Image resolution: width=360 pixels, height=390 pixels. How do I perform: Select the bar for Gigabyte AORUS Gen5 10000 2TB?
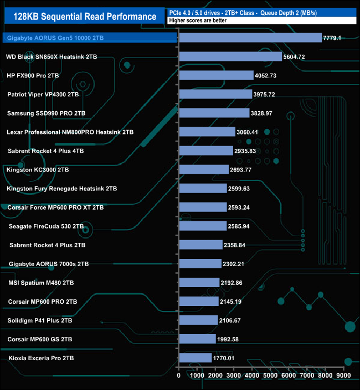click(250, 38)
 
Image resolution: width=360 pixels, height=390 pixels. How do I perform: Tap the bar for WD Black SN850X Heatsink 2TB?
click(230, 56)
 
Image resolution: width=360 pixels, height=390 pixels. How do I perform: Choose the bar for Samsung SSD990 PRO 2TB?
click(214, 113)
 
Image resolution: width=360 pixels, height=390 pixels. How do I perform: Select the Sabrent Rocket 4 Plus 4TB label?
click(46, 151)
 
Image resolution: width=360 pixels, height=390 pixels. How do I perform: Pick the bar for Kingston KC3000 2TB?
click(203, 169)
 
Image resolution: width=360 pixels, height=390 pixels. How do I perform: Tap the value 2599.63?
click(243, 189)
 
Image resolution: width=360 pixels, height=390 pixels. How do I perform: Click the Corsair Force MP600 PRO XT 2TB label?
click(56, 207)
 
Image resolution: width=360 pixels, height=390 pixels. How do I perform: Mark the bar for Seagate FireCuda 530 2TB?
click(203, 226)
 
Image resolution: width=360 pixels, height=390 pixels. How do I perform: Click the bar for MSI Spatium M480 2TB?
click(199, 283)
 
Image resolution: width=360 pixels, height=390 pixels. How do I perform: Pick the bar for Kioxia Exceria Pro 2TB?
click(195, 358)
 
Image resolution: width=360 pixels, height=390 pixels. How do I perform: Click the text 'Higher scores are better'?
click(198, 20)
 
